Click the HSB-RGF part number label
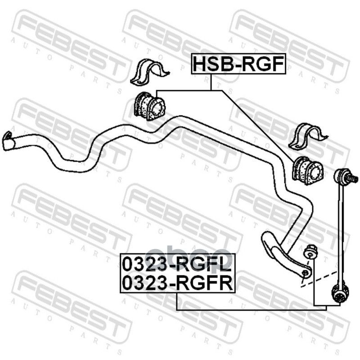(238, 64)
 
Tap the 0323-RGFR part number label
(177, 283)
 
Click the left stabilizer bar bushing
(149, 106)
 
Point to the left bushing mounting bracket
(148, 73)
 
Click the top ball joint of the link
(346, 176)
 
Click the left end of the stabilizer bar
(8, 141)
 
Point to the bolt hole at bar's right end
(306, 273)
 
